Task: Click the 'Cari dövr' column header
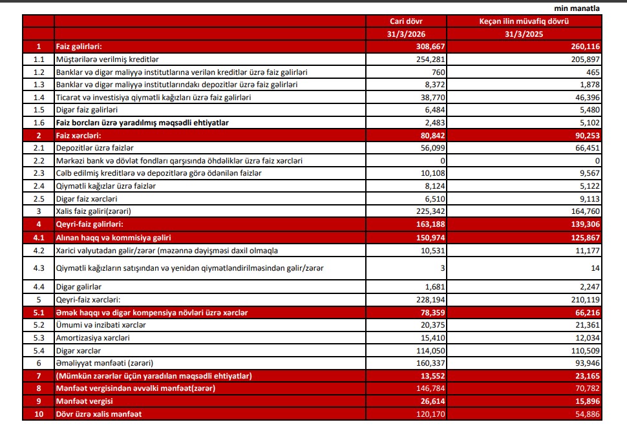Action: coord(410,21)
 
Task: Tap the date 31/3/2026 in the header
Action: coord(410,34)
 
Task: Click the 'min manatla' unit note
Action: coord(577,8)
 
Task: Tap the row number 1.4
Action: coord(38,97)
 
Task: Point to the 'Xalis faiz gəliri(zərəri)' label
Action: coord(98,211)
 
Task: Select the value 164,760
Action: coord(585,211)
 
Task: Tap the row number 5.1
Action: coord(38,312)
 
